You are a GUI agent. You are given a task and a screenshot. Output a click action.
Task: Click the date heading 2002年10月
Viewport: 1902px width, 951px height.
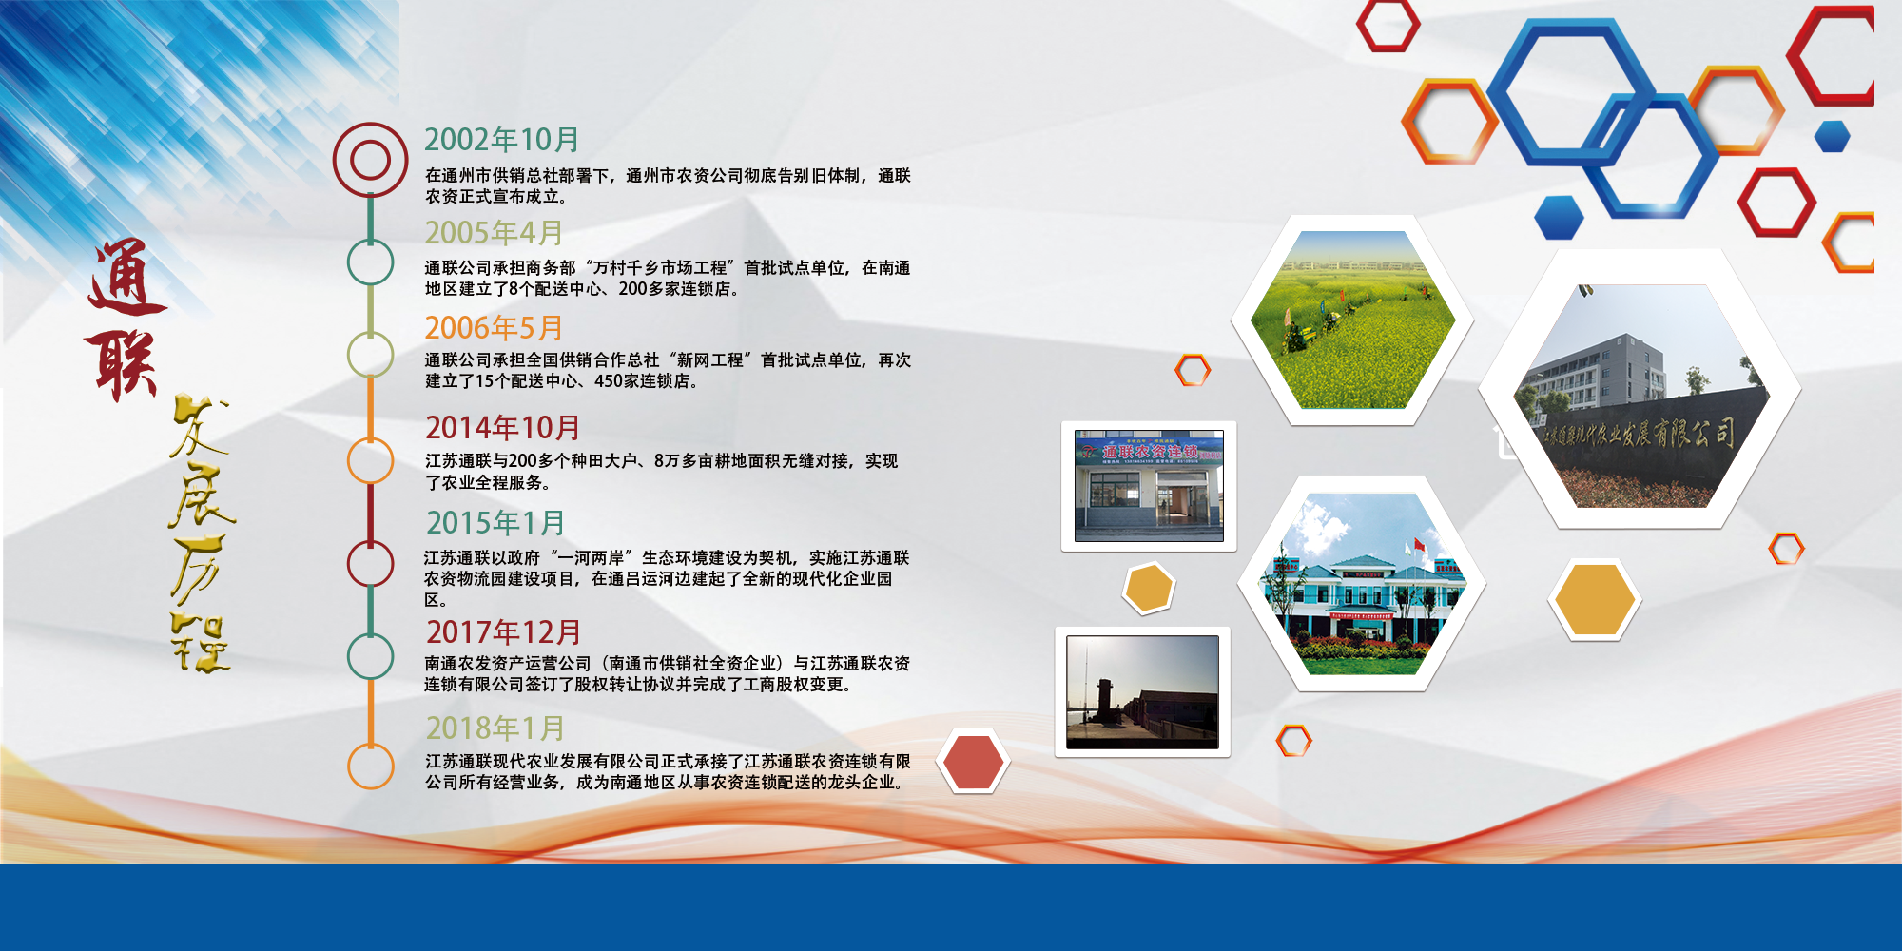(502, 140)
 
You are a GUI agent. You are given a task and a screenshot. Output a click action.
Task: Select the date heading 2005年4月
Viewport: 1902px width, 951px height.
(494, 233)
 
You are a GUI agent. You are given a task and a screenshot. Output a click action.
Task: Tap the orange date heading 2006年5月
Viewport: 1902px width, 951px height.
(494, 328)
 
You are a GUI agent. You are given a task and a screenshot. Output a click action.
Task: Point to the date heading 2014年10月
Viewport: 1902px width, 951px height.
(502, 428)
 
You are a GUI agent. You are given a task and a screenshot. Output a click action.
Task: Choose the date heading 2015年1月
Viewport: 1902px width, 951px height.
(495, 523)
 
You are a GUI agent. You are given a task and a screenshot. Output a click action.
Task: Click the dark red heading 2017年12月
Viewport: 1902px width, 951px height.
(503, 632)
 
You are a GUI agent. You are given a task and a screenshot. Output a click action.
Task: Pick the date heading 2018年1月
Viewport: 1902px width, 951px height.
(495, 728)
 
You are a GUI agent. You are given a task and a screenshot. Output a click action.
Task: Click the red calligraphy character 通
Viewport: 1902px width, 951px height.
(127, 277)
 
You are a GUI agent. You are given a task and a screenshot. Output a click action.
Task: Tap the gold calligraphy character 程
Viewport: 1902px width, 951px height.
(201, 643)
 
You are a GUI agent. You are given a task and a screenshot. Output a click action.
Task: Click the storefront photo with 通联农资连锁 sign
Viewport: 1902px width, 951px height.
(1149, 486)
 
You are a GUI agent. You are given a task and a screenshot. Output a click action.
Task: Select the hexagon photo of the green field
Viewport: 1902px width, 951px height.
(1352, 320)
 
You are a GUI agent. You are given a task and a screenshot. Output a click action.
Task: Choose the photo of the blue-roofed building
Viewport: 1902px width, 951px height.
(1362, 584)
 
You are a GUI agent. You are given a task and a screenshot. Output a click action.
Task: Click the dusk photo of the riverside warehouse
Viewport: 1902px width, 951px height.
(1142, 692)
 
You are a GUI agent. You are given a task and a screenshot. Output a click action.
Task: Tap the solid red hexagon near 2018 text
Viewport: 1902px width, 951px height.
(973, 762)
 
